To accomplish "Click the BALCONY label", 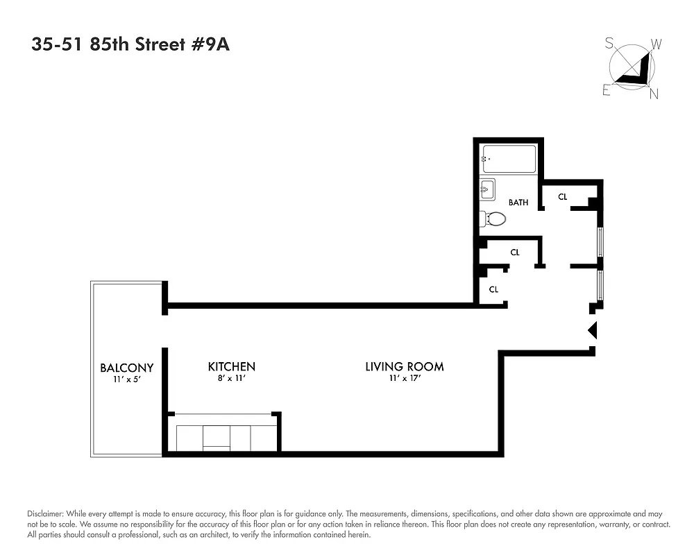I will click(x=126, y=368).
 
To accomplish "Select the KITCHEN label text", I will click(x=232, y=366).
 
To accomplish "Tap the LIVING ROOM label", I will click(x=405, y=366).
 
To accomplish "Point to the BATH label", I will click(x=518, y=203).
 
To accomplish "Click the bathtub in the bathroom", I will click(x=509, y=160).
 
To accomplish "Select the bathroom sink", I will click(x=487, y=189).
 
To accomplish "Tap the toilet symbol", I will click(x=493, y=219).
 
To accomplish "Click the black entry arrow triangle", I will click(x=593, y=330).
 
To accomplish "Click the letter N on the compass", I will click(x=653, y=95).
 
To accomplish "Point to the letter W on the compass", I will click(x=657, y=44).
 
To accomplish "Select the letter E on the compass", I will click(x=607, y=91).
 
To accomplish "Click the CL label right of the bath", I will click(x=563, y=197).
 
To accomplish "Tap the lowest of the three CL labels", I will click(x=493, y=289).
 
